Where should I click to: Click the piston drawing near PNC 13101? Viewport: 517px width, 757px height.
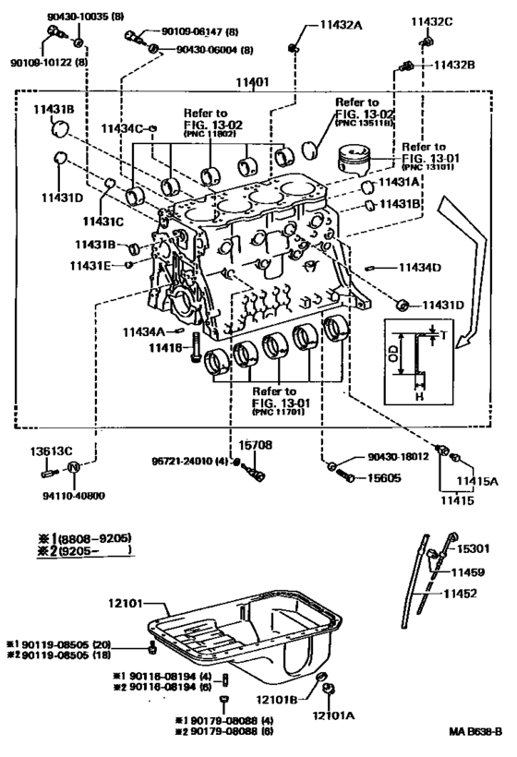click(352, 160)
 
